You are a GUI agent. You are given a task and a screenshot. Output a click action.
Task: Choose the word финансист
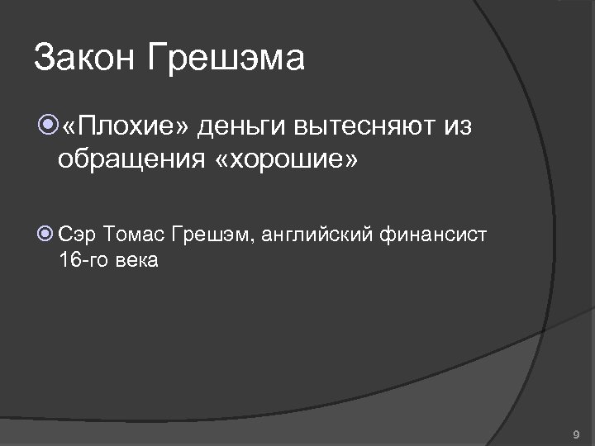[434, 235]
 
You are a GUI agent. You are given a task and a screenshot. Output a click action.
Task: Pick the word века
[136, 262]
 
